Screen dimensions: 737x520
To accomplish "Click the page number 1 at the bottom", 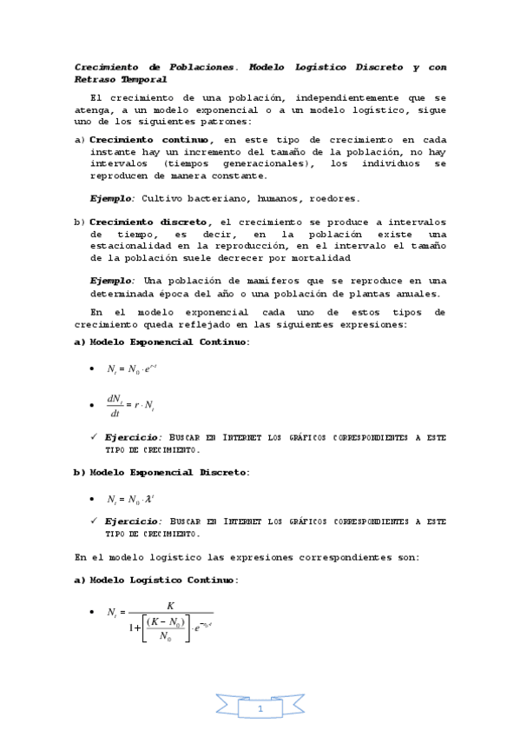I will (x=260, y=709).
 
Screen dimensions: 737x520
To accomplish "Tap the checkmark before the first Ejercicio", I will (x=93, y=436).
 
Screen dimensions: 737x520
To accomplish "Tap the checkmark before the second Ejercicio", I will (x=93, y=520).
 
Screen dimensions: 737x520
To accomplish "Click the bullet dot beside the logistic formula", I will (x=92, y=613).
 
